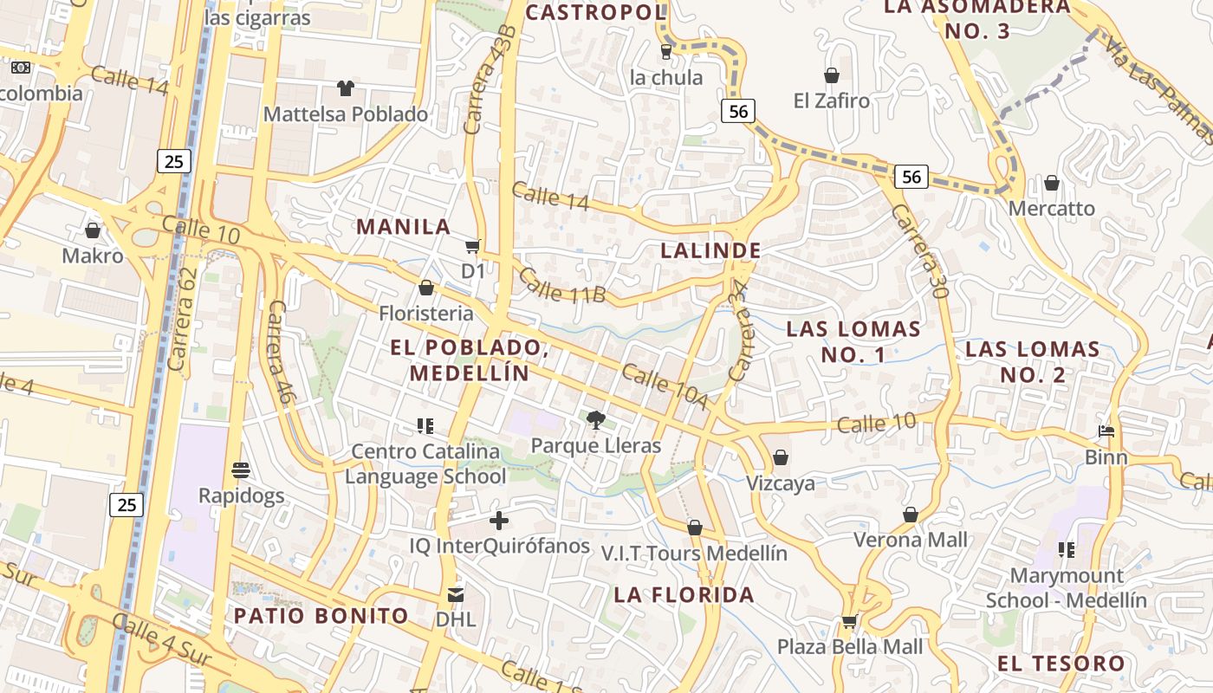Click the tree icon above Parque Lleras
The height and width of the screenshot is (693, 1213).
pyautogui.click(x=595, y=421)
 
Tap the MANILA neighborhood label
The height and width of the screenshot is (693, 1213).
pyautogui.click(x=404, y=227)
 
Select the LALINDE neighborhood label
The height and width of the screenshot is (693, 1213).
pyautogui.click(x=710, y=251)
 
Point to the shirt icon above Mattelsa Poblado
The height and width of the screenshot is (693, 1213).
pyautogui.click(x=346, y=88)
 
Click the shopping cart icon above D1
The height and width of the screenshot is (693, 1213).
pyautogui.click(x=472, y=247)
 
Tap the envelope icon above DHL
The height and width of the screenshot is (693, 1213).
pyautogui.click(x=456, y=595)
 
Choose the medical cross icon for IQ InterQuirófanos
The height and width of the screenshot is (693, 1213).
pyautogui.click(x=499, y=521)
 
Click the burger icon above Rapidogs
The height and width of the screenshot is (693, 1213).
pyautogui.click(x=241, y=470)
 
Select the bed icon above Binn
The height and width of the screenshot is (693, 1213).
pyautogui.click(x=1106, y=431)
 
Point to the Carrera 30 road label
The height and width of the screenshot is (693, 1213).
pyautogui.click(x=919, y=251)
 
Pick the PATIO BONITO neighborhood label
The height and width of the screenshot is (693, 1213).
pyautogui.click(x=321, y=616)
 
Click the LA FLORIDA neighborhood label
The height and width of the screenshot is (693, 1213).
pyautogui.click(x=684, y=595)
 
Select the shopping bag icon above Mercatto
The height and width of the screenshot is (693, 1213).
pyautogui.click(x=1052, y=183)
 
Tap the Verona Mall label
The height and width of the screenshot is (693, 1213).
pyautogui.click(x=910, y=540)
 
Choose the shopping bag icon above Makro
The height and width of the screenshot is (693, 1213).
pyautogui.click(x=93, y=230)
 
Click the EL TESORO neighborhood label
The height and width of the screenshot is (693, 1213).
pyautogui.click(x=1061, y=664)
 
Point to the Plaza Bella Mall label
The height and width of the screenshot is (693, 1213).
pyautogui.click(x=850, y=646)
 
